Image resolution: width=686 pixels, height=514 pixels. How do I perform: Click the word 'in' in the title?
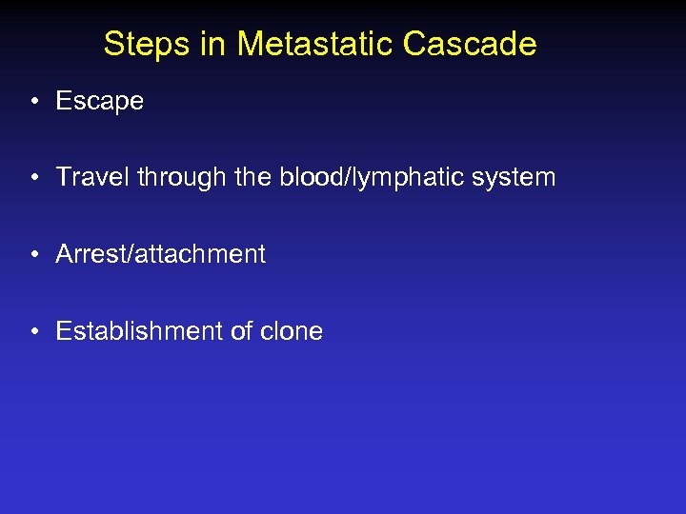218,44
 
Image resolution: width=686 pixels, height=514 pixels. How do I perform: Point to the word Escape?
99,101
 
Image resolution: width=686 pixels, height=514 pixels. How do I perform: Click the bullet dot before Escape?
33,102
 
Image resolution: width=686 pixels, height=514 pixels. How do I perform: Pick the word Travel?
92,177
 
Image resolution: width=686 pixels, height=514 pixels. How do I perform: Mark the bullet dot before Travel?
33,178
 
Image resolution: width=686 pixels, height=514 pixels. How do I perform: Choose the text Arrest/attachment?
160,254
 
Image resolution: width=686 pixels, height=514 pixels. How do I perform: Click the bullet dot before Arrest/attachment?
33,255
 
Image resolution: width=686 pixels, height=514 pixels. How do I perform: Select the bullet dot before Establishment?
33,332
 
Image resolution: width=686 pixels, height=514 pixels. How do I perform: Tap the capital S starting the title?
113,44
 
